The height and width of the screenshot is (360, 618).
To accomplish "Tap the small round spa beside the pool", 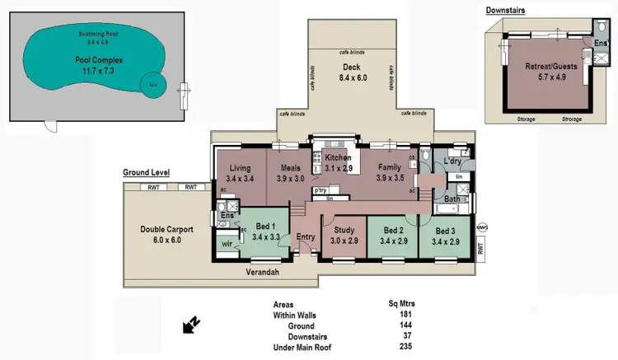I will (152, 84).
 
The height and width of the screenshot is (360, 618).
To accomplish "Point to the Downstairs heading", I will (505, 10).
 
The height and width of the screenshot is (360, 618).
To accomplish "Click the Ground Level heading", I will (146, 173).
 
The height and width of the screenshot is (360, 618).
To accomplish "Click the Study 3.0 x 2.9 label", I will (344, 236).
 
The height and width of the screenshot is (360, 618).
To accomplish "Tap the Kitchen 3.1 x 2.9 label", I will (338, 162).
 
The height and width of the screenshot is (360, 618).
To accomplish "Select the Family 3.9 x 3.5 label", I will (384, 172).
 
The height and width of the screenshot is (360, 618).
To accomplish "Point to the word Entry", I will (306, 237).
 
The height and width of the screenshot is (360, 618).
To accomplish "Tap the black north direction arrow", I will (190, 326).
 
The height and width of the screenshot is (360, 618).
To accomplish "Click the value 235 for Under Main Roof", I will (403, 348).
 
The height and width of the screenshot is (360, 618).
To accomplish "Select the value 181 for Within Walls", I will (403, 314).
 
